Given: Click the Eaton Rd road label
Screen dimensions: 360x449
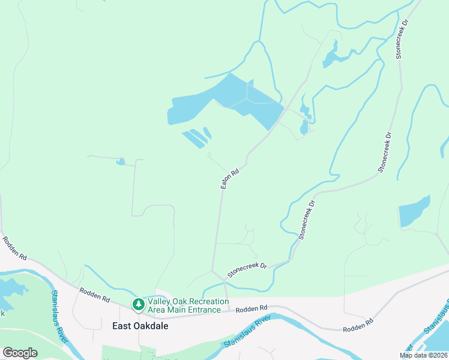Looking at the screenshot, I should [230, 179].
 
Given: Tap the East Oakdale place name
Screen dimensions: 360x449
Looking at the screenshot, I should [140, 326].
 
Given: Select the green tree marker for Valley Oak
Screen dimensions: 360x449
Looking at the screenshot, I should [139, 305].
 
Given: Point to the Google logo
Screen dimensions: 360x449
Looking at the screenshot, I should [20, 353].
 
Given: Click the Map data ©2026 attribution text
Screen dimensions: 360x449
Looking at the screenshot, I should [423, 355].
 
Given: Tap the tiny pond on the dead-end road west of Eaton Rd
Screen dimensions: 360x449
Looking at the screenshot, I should [121, 161].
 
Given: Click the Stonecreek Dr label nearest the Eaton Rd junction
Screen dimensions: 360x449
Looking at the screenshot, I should [247, 269].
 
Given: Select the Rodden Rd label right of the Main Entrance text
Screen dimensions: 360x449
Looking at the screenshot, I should [252, 308].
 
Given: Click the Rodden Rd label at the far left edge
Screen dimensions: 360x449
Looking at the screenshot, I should [14, 248].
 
